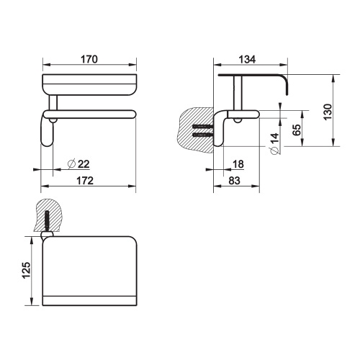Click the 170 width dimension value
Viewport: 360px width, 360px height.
click(x=89, y=58)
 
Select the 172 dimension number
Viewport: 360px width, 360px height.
click(x=86, y=181)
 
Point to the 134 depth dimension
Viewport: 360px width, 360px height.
click(x=249, y=58)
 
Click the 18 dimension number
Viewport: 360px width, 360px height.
click(x=238, y=164)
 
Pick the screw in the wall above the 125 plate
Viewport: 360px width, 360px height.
click(x=45, y=218)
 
